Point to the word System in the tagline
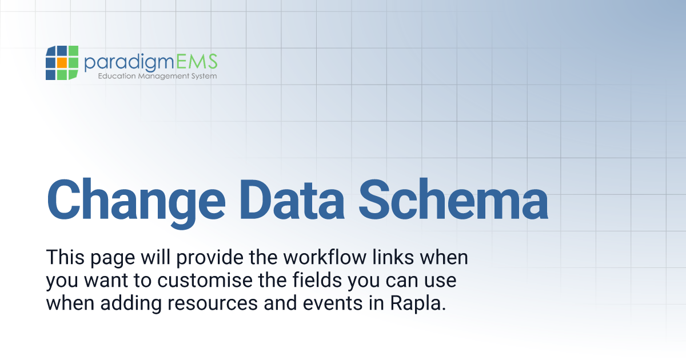pos(204,76)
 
